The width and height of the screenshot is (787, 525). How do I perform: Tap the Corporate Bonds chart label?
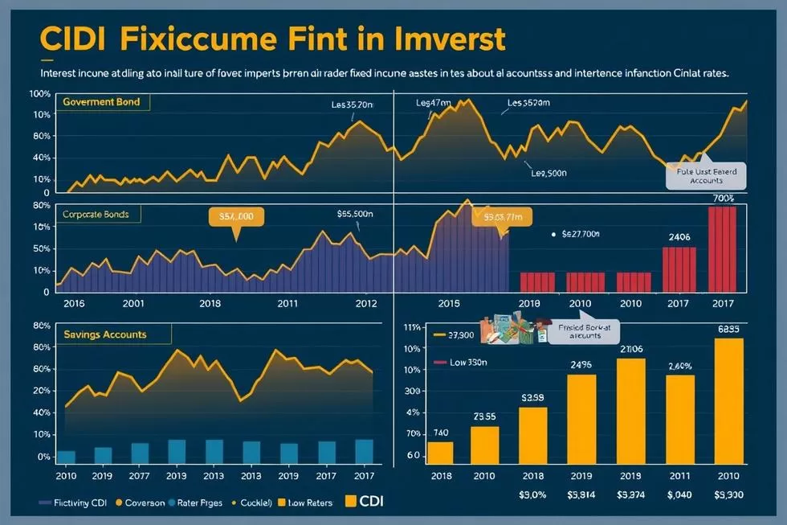(x=100, y=215)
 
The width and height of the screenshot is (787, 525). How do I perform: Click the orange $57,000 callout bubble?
(x=235, y=217)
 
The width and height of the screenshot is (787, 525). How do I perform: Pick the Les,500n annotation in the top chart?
(x=549, y=172)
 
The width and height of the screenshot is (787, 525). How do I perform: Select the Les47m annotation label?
(x=434, y=103)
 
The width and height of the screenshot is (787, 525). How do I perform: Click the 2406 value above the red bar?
(x=679, y=237)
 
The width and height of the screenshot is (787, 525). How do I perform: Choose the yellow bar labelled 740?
(x=440, y=452)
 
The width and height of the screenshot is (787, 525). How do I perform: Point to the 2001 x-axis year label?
(x=133, y=303)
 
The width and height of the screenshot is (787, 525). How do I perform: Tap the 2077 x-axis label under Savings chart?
(x=140, y=475)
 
